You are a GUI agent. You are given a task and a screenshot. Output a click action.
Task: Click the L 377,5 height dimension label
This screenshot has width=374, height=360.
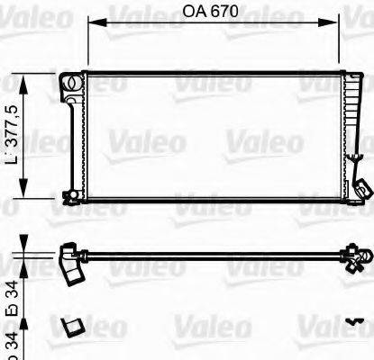(13, 135)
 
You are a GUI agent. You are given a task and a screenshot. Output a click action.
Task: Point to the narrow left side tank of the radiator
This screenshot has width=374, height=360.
(71, 139)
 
